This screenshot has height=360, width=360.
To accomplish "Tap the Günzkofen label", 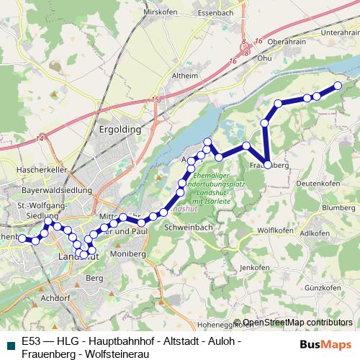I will point(321,288).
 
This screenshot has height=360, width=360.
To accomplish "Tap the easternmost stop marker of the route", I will point(337,86).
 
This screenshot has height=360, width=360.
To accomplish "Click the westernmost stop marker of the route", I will point(22,238).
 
